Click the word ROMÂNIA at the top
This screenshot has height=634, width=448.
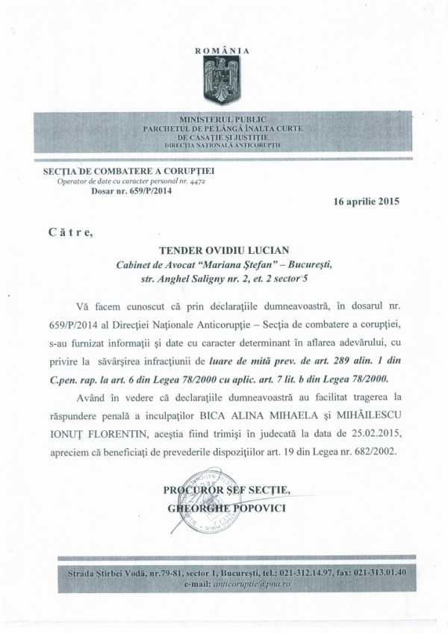(x=223, y=51)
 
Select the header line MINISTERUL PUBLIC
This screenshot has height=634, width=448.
(x=223, y=119)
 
